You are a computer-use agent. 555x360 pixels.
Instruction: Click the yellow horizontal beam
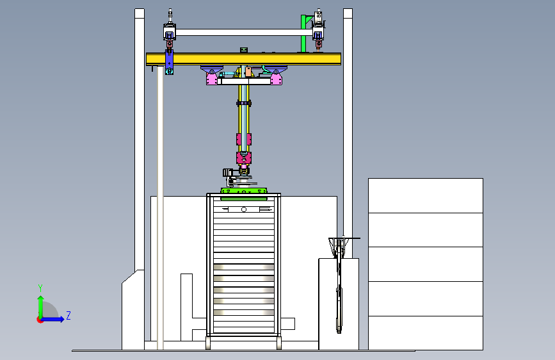click(243, 59)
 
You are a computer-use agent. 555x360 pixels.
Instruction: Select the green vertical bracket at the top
click(303, 34)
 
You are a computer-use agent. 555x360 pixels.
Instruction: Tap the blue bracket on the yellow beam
click(169, 61)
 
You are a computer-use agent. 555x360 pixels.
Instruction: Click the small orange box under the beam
click(248, 72)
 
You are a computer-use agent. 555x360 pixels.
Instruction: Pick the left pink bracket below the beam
click(212, 78)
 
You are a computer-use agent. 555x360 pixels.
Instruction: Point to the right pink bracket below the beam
click(276, 78)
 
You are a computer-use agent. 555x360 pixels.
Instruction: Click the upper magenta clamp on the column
click(244, 139)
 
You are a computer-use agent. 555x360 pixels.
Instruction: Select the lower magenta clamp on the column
click(244, 158)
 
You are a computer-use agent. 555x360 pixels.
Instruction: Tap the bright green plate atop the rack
click(244, 191)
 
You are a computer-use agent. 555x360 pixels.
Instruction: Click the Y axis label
click(40, 288)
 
